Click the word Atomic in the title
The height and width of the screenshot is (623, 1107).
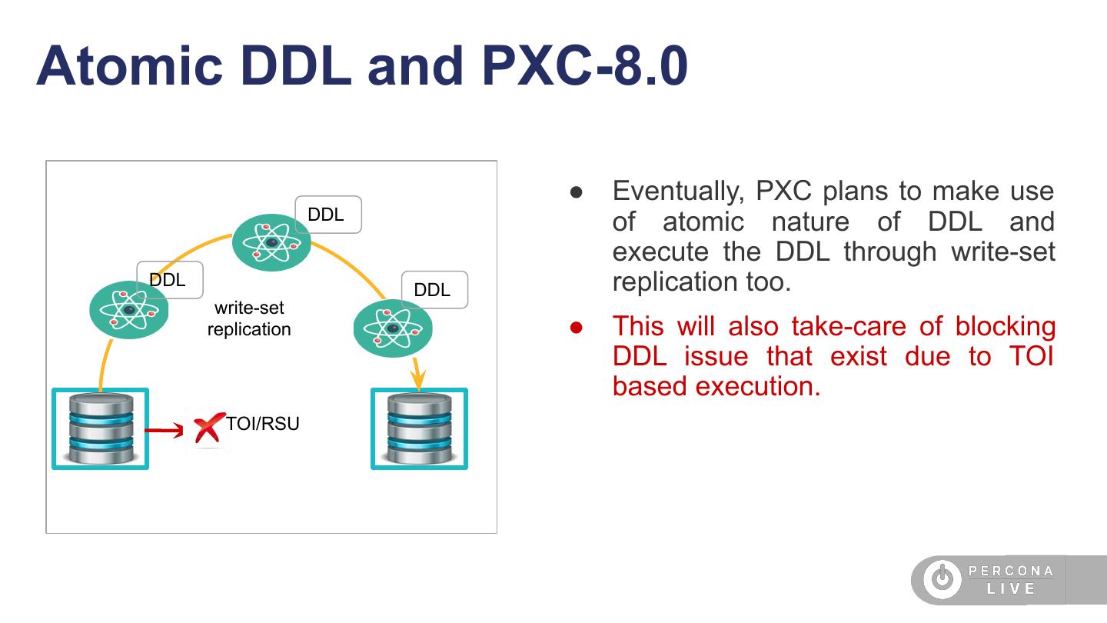pyautogui.click(x=129, y=66)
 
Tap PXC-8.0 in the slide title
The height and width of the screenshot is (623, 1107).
pyautogui.click(x=584, y=66)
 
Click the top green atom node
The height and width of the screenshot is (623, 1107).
pyautogui.click(x=271, y=242)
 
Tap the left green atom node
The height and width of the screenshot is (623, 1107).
pyautogui.click(x=129, y=310)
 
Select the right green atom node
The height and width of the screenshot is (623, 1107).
pyautogui.click(x=394, y=328)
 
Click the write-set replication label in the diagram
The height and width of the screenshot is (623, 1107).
pyautogui.click(x=250, y=318)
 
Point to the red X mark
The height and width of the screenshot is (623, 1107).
pyautogui.click(x=208, y=427)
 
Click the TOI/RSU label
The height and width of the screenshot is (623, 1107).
pyautogui.click(x=262, y=424)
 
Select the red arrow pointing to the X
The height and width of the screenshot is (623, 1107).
pyautogui.click(x=164, y=430)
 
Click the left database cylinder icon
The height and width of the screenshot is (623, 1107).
pyautogui.click(x=101, y=428)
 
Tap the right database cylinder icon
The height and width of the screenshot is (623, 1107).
pyautogui.click(x=420, y=428)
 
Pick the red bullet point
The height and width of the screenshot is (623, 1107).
pyautogui.click(x=577, y=328)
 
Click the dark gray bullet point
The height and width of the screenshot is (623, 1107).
pyautogui.click(x=577, y=192)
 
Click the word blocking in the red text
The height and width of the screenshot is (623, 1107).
pyautogui.click(x=1006, y=327)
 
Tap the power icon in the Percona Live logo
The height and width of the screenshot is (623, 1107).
pyautogui.click(x=942, y=578)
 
